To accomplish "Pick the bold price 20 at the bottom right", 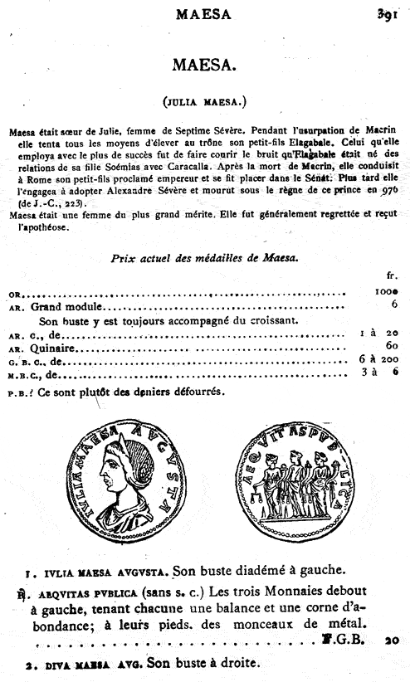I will click(x=392, y=640).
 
